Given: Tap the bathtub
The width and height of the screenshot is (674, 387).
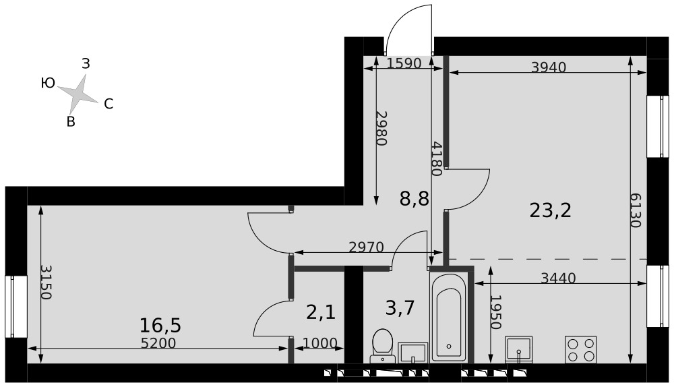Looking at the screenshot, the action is [x=448, y=318].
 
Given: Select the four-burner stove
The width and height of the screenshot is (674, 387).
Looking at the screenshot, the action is [x=580, y=350].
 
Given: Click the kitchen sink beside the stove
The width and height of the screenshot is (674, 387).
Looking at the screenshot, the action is [x=519, y=350].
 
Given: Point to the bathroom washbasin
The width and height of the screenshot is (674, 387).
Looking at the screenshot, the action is [x=412, y=353].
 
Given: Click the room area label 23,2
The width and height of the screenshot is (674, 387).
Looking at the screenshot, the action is [x=550, y=211].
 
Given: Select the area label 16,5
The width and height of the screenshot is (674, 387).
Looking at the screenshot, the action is [x=160, y=326].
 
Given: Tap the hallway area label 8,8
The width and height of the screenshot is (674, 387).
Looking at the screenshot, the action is [x=415, y=199].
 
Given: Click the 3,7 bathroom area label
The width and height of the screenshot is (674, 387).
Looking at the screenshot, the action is [x=400, y=308].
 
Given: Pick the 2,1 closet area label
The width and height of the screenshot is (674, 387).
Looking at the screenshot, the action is [x=321, y=311].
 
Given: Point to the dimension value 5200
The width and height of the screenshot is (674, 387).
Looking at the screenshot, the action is [x=158, y=343].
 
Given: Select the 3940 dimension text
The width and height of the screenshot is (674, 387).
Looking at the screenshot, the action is [x=549, y=67].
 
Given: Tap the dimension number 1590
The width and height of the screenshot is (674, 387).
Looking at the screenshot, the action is [x=404, y=63].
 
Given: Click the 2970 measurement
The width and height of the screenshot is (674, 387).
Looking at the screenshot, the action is [x=366, y=247].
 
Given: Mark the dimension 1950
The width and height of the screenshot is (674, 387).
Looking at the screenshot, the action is [x=495, y=311].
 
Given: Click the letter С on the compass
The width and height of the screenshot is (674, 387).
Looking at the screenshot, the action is [x=109, y=104].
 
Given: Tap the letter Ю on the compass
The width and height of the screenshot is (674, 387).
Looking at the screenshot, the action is [x=48, y=83].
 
